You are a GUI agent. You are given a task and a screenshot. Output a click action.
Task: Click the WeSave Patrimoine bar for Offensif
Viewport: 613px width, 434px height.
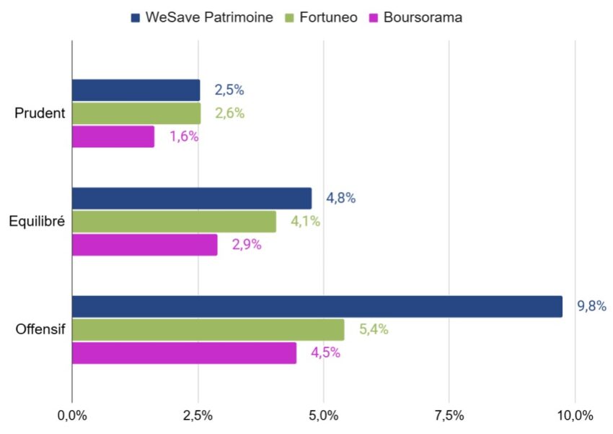point(317,306)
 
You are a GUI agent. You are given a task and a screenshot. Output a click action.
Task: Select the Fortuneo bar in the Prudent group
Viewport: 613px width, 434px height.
point(136,113)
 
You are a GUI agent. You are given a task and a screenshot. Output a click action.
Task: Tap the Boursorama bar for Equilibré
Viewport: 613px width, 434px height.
point(144,245)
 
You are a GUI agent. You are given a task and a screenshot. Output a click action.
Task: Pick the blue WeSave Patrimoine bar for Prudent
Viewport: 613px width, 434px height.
point(136,90)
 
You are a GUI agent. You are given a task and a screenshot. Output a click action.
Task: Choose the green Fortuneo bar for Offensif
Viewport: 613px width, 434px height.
point(208,329)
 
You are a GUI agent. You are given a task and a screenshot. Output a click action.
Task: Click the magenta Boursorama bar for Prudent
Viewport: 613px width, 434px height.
point(113,136)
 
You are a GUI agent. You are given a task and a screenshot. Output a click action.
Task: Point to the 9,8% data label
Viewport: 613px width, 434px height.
point(591,306)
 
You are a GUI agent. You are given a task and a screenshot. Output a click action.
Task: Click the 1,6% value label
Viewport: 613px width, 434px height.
point(184,136)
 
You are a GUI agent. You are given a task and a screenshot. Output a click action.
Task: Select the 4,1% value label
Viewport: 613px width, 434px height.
point(305,222)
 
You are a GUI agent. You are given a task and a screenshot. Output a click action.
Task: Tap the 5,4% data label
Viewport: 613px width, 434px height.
point(374,329)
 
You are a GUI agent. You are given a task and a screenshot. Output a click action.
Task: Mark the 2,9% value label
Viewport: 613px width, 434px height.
point(246,245)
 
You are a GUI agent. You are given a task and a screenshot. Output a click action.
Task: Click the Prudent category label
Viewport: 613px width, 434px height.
point(40,113)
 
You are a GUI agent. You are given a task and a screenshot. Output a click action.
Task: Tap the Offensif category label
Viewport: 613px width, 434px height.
point(40,329)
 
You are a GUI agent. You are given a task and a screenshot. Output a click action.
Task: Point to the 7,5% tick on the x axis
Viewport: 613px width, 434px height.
point(449,416)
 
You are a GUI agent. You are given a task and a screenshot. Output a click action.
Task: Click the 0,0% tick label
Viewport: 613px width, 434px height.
point(72,416)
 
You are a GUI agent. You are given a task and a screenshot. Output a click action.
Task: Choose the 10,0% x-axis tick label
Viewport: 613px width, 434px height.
point(575,416)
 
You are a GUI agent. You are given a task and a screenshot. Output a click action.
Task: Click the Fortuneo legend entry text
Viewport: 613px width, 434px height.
point(330,17)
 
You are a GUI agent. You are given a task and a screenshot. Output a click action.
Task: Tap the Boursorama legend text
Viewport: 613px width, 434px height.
point(421,17)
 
